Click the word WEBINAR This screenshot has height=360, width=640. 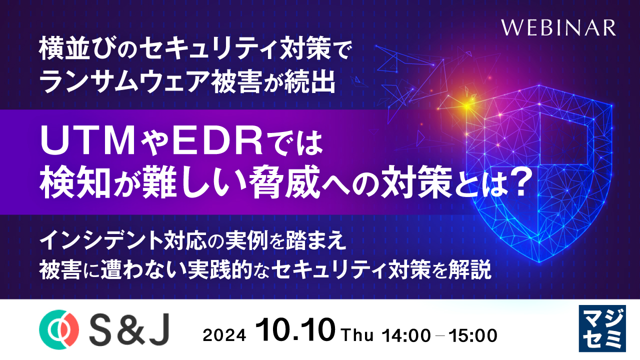(558, 27)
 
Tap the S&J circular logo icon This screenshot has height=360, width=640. (59, 329)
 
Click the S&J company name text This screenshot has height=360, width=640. (129, 329)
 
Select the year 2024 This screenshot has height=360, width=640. (224, 335)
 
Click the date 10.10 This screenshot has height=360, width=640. (295, 329)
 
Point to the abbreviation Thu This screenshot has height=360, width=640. (357, 335)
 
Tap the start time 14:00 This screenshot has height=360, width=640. (406, 335)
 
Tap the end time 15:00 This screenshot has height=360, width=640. (473, 335)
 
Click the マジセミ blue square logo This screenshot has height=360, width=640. (602, 328)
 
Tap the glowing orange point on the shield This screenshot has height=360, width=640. (466, 106)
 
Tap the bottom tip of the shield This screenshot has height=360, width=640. (539, 261)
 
